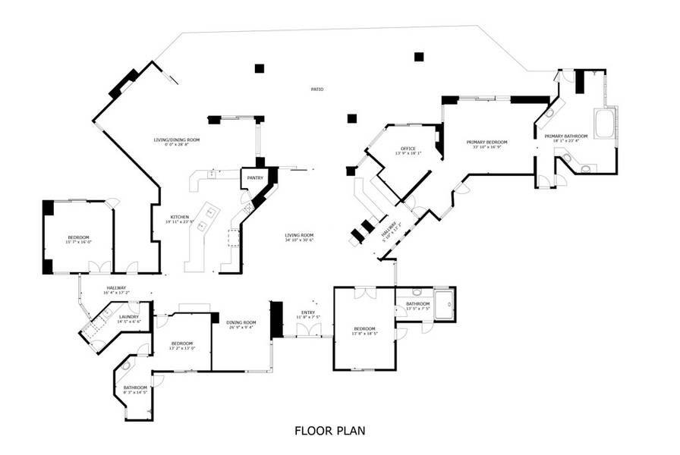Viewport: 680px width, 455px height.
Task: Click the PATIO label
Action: pyautogui.click(x=317, y=89)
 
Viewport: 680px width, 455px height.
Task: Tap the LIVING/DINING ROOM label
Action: pyautogui.click(x=177, y=140)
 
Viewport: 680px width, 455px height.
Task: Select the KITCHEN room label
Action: pyautogui.click(x=180, y=217)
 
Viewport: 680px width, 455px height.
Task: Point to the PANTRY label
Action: pyautogui.click(x=255, y=178)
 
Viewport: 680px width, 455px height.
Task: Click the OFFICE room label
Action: pyautogui.click(x=408, y=149)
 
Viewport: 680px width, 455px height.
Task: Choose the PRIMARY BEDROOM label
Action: pyautogui.click(x=486, y=142)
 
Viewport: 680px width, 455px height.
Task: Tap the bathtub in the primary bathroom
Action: pyautogui.click(x=605, y=124)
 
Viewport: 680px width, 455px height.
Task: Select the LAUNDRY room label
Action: pyautogui.click(x=128, y=317)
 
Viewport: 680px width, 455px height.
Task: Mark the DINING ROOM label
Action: pyautogui.click(x=241, y=323)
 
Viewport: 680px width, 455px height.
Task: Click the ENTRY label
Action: pyautogui.click(x=308, y=312)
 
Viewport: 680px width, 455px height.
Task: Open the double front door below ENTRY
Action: pyautogui.click(x=308, y=330)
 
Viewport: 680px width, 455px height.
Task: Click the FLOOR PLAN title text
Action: pyautogui.click(x=329, y=431)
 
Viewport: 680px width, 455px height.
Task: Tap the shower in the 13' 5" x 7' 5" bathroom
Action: pyautogui.click(x=443, y=301)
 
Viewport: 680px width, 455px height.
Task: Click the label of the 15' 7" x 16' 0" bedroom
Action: pyautogui.click(x=79, y=238)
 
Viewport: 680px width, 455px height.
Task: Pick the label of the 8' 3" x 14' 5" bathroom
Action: pyautogui.click(x=135, y=388)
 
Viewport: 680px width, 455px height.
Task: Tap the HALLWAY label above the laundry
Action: pyautogui.click(x=116, y=287)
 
